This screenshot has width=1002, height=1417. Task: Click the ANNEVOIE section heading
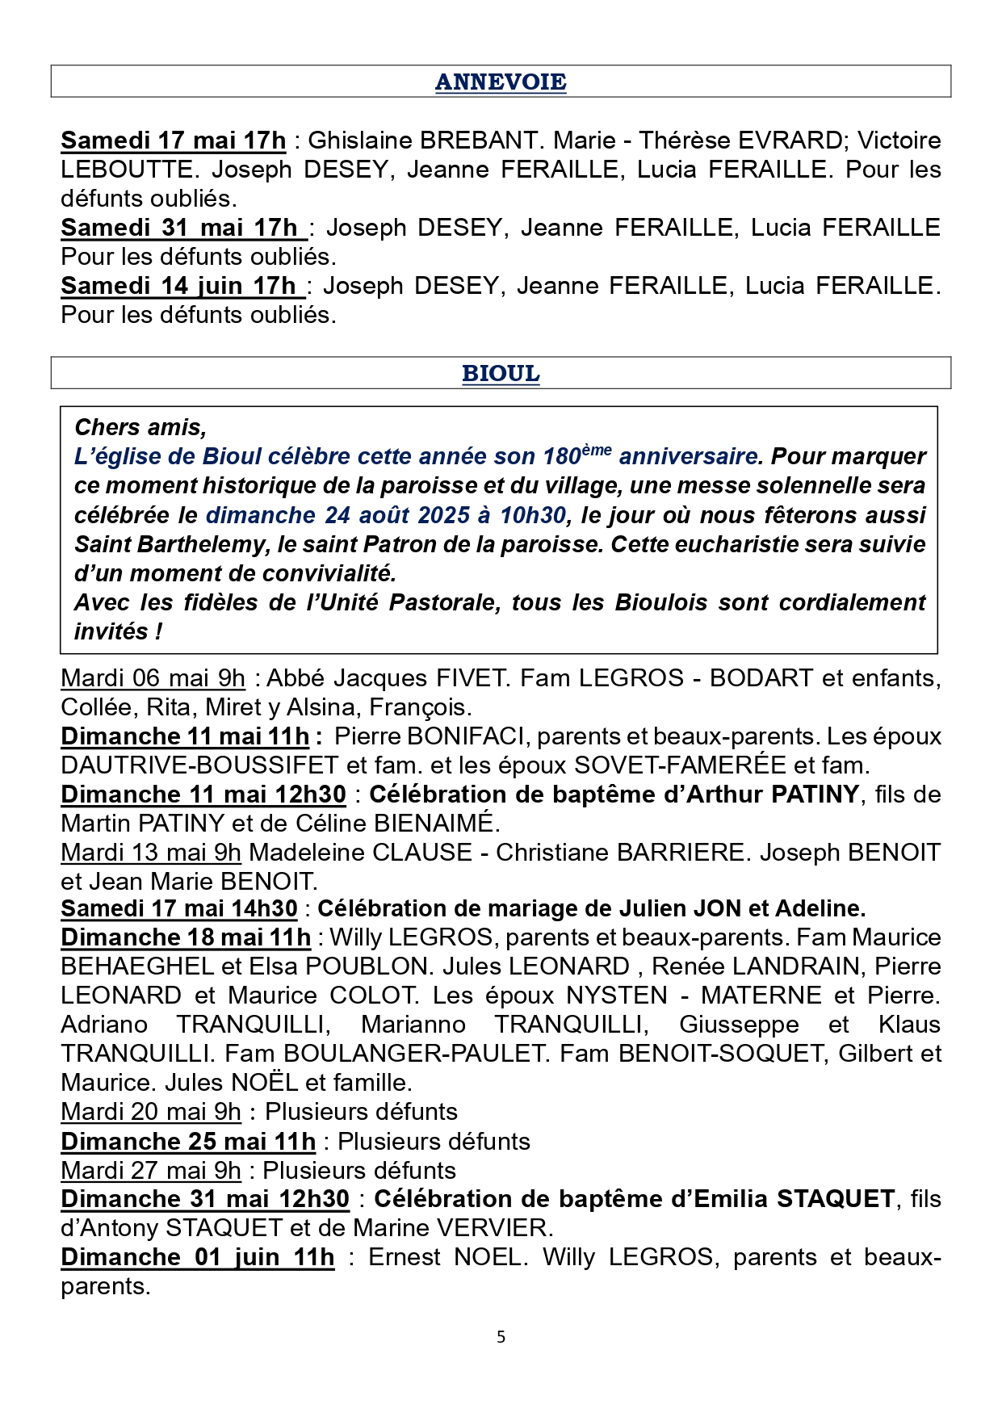pyautogui.click(x=501, y=82)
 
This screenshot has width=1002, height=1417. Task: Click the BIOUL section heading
pyautogui.click(x=501, y=374)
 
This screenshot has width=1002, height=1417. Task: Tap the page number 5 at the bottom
pyautogui.click(x=501, y=1337)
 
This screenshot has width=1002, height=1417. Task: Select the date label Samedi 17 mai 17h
pyautogui.click(x=173, y=140)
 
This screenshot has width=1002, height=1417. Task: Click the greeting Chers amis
pyautogui.click(x=140, y=427)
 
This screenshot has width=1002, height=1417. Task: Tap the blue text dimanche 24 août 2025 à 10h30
pyautogui.click(x=386, y=515)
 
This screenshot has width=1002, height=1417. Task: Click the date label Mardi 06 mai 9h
pyautogui.click(x=153, y=678)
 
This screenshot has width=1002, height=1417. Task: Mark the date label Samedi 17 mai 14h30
pyautogui.click(x=179, y=909)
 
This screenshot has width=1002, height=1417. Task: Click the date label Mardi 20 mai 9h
pyautogui.click(x=151, y=1112)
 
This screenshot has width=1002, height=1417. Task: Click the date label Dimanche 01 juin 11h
pyautogui.click(x=197, y=1257)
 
